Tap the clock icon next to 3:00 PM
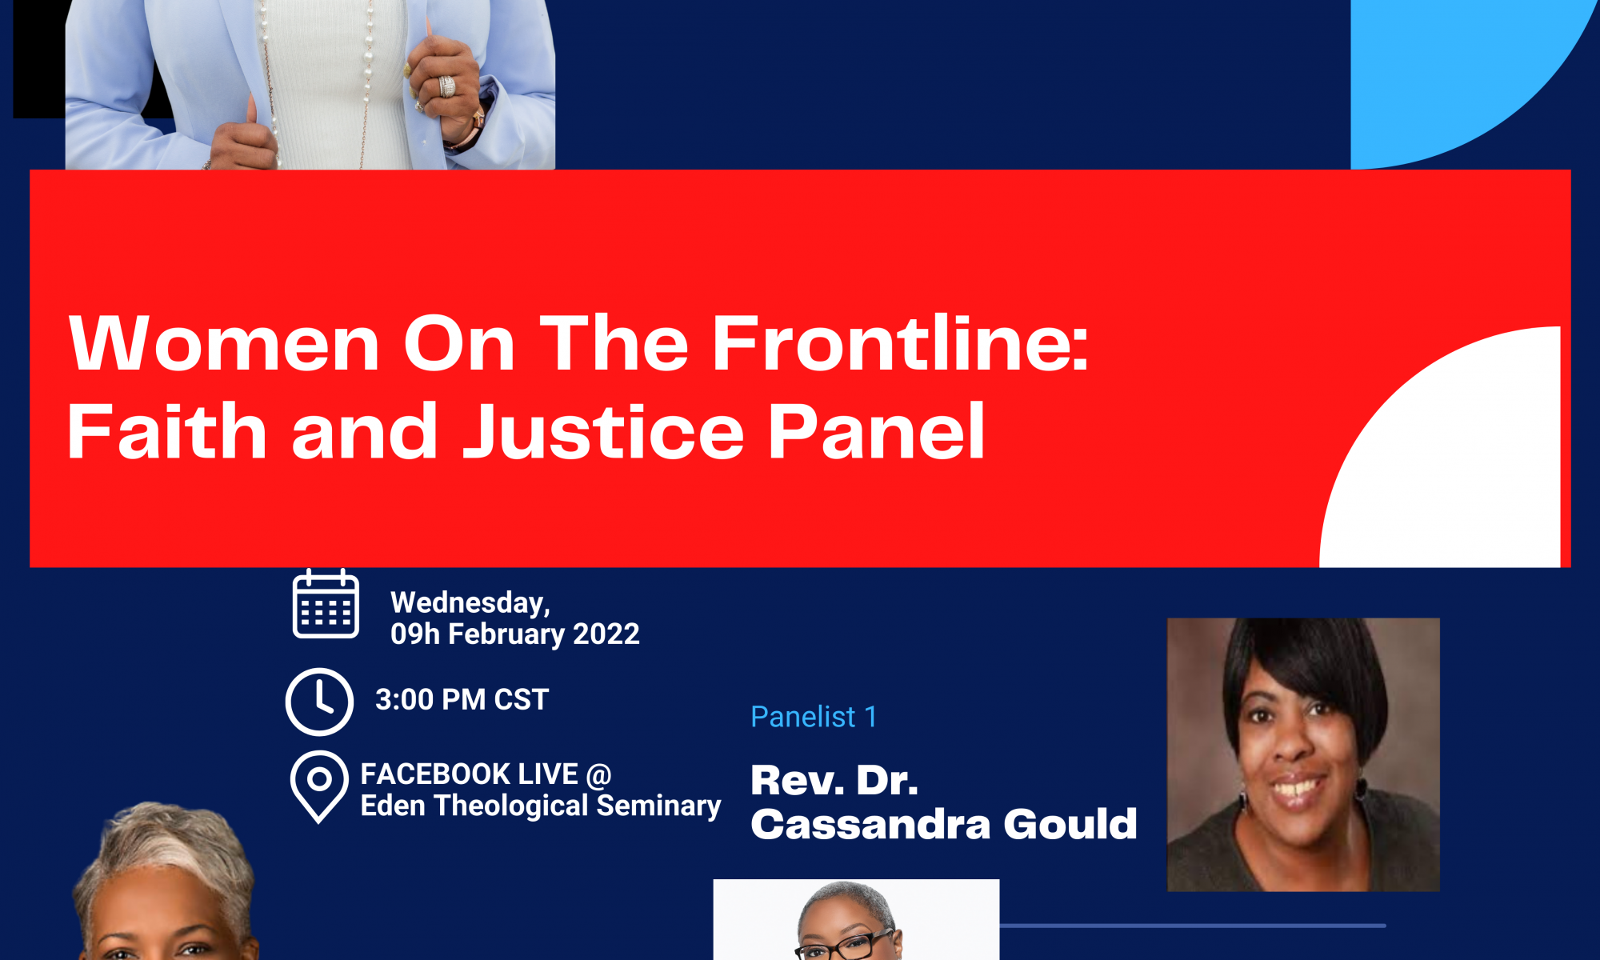319,702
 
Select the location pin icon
319,786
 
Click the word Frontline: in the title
900,343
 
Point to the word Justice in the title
604,431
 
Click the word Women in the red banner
224,343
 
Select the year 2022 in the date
606,634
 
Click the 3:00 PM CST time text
462,700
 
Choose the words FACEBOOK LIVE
469,774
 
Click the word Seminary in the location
658,806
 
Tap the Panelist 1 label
814,717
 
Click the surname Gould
1070,824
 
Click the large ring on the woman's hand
446,86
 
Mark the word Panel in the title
876,431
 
